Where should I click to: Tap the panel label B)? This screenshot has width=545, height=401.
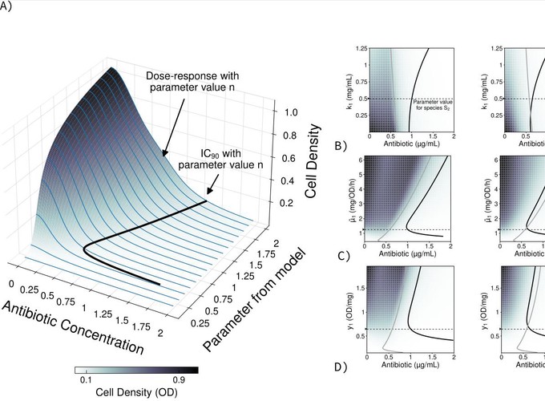(341, 146)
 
